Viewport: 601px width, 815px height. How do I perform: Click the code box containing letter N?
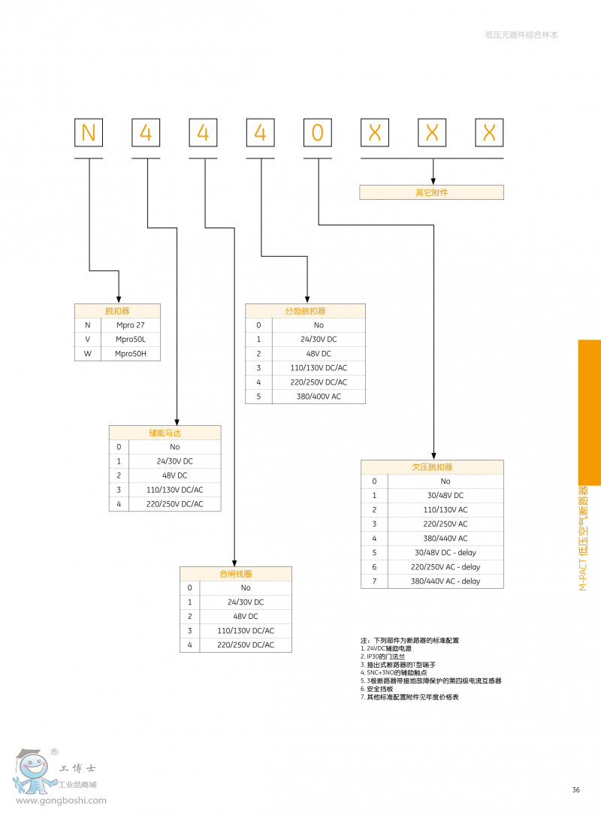click(89, 133)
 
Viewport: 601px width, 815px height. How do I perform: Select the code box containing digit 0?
click(317, 133)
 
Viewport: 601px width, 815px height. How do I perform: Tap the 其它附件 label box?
click(431, 192)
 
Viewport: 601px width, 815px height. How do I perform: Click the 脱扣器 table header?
click(117, 310)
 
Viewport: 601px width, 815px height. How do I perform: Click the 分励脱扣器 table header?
click(305, 311)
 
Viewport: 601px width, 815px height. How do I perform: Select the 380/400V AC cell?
click(319, 397)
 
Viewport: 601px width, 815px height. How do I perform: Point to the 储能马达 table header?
click(165, 433)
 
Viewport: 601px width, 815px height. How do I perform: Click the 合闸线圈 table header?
click(235, 574)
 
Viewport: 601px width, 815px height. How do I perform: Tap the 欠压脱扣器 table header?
click(432, 467)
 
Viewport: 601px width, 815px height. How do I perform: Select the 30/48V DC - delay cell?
click(445, 553)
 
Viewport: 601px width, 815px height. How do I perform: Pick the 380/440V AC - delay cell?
click(445, 581)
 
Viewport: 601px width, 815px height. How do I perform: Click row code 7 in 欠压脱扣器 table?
click(374, 581)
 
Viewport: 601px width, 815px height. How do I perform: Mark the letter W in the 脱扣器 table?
click(87, 354)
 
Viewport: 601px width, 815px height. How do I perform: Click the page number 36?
click(576, 789)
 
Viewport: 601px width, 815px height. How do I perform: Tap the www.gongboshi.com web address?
click(61, 801)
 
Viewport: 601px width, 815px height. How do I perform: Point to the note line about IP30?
click(383, 657)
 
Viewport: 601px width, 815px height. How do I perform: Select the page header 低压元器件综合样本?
click(521, 35)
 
